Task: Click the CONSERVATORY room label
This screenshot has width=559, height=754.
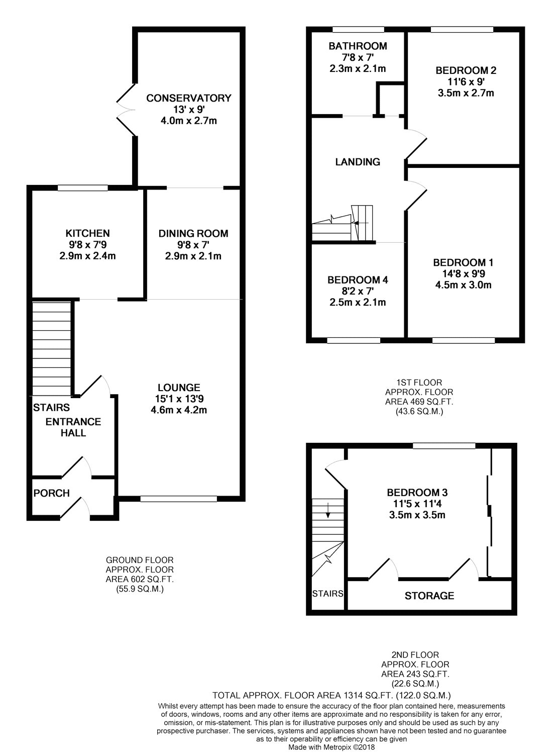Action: (189, 98)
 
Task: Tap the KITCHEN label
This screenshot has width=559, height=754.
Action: (88, 233)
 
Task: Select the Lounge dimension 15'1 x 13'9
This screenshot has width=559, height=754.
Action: (179, 399)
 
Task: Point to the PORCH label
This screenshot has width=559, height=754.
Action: (51, 493)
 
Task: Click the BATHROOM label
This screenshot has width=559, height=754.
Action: (358, 46)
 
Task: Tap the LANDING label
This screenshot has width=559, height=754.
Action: (358, 162)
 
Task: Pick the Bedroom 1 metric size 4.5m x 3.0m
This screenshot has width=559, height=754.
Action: (463, 285)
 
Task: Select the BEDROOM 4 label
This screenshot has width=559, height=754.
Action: (358, 280)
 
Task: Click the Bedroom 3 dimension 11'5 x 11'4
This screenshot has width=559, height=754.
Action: (417, 504)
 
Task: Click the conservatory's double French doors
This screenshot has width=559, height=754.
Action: (126, 110)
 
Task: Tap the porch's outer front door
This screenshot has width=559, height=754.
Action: (75, 509)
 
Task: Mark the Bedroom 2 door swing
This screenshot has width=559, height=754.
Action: (416, 143)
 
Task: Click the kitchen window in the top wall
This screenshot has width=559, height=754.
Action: (82, 187)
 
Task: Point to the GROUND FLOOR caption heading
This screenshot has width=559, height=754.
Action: (140, 560)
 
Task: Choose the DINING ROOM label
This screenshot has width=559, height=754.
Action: (193, 233)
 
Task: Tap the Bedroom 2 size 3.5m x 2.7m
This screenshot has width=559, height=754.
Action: (466, 93)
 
